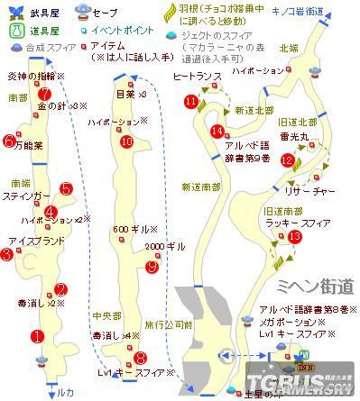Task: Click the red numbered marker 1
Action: [x=37, y=337]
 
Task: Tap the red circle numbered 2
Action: [x=60, y=289]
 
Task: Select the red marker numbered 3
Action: [x=7, y=255]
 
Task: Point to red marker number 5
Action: [x=66, y=189]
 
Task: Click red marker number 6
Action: [x=8, y=141]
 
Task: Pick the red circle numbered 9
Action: [x=152, y=267]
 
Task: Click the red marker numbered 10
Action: [x=126, y=141]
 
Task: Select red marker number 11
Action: [x=190, y=102]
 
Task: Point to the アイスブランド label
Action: [x=33, y=242]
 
